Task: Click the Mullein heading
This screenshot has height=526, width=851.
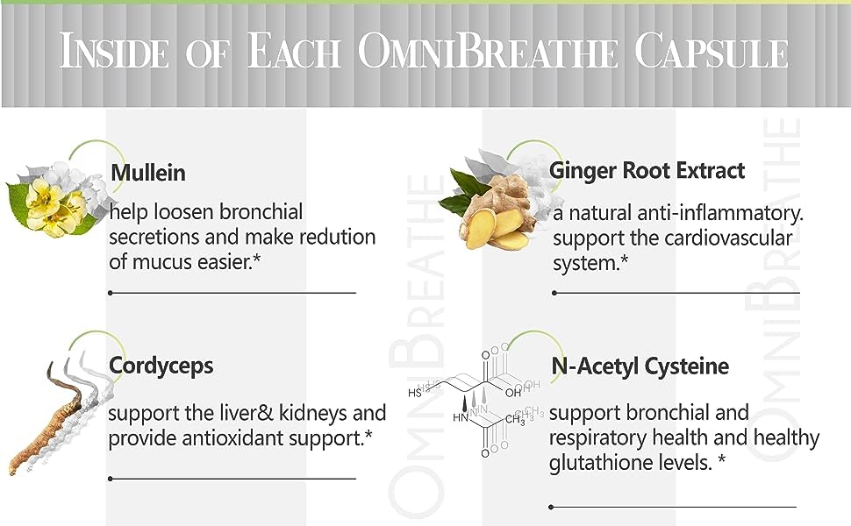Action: click(x=148, y=173)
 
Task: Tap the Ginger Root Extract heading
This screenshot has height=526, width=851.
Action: click(x=647, y=170)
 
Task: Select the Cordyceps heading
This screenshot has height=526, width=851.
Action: click(x=161, y=366)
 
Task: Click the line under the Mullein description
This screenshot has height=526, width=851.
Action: click(x=232, y=293)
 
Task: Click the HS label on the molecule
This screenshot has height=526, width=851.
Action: click(x=416, y=392)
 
